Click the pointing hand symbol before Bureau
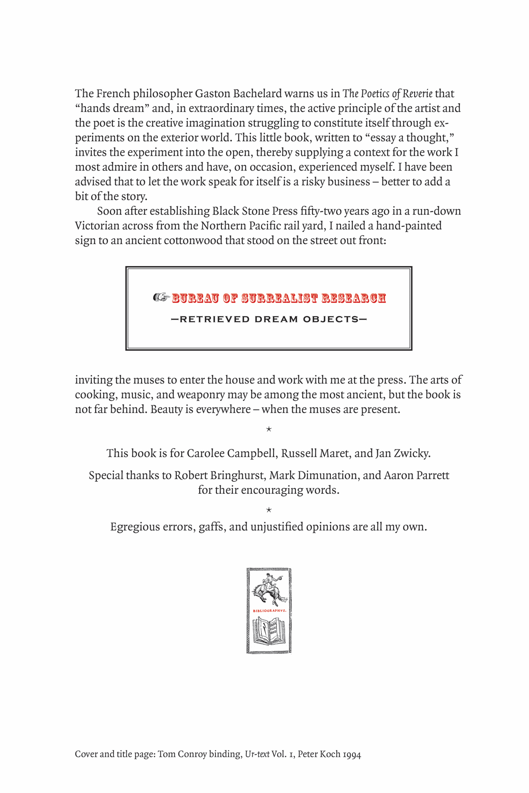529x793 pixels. click(161, 297)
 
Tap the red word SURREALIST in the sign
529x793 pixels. click(279, 298)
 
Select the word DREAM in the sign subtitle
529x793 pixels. click(276, 319)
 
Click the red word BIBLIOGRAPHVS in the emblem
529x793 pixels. click(269, 611)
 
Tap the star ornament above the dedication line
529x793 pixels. click(269, 429)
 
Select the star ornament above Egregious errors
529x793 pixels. click(269, 510)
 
